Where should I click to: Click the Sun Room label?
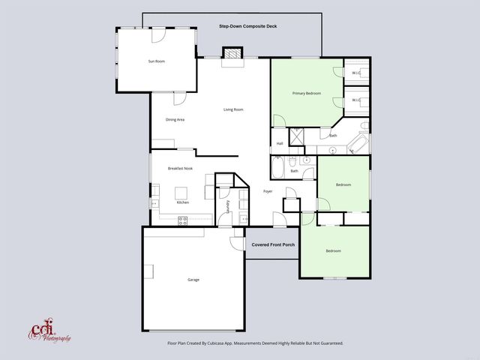(x=157, y=61)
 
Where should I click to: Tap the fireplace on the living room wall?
(x=233, y=53)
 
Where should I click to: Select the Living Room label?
(x=233, y=109)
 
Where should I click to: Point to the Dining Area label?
(x=175, y=120)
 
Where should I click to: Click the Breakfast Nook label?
(x=180, y=169)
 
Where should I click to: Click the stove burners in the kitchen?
(x=182, y=220)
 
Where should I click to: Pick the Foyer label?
(x=268, y=191)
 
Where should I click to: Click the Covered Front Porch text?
(x=273, y=244)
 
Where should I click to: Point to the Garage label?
(x=193, y=280)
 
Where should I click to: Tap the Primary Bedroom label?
(x=307, y=93)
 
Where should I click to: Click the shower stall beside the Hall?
(x=296, y=136)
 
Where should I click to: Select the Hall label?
(x=280, y=143)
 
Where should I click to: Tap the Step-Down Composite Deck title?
(x=247, y=26)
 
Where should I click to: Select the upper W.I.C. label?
(x=357, y=72)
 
